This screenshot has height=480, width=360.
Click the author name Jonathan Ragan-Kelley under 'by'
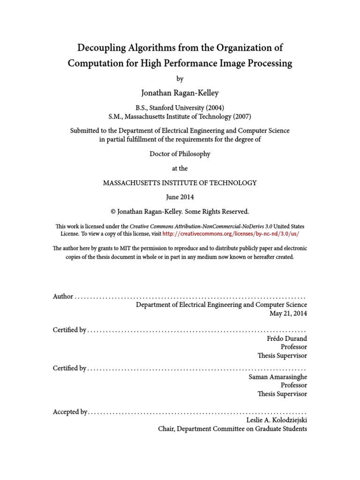pos(180,93)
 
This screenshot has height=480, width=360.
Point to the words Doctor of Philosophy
pos(180,154)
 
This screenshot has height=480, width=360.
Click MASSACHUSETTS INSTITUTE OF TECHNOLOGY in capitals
pos(180,183)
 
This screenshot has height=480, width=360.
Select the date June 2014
pos(180,197)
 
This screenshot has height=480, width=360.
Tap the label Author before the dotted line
pos(63,296)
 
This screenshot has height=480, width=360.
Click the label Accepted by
pos(70,412)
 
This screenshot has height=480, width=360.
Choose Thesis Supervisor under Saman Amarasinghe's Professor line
pos(282,394)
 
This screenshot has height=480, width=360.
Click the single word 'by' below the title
pos(180,79)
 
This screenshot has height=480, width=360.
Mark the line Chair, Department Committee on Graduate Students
pos(232,428)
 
